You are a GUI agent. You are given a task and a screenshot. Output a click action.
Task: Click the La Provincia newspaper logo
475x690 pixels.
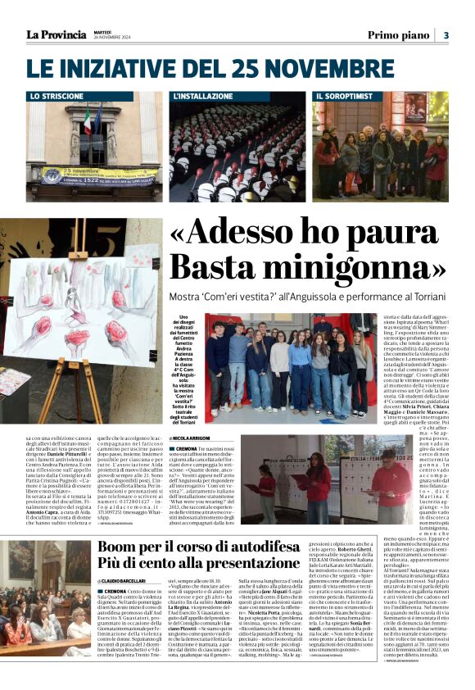tap(56, 34)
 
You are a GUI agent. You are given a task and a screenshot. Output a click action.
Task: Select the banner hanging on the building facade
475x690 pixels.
tap(89, 175)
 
